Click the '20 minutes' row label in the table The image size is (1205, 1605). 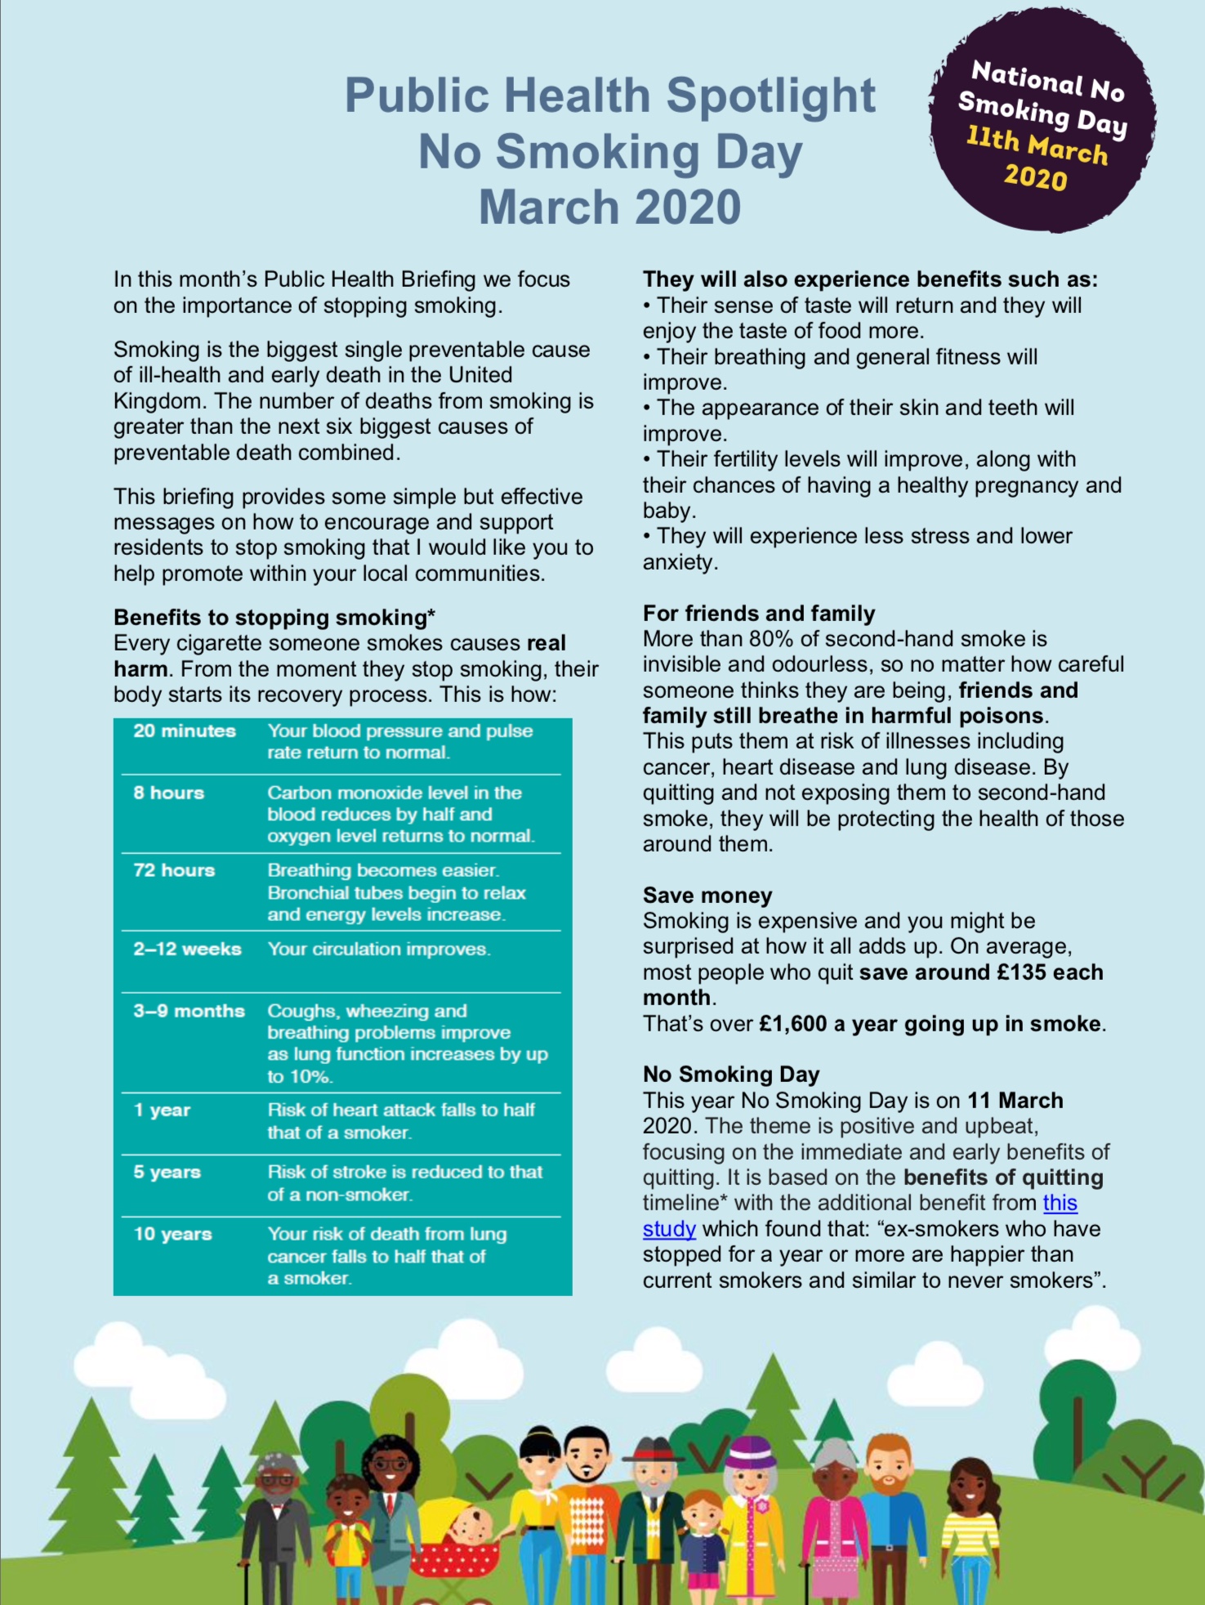(x=185, y=731)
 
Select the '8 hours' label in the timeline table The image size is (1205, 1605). (x=169, y=793)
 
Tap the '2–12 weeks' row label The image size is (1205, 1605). (x=188, y=949)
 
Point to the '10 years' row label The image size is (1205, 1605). (x=173, y=1234)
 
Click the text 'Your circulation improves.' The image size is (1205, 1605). (x=379, y=949)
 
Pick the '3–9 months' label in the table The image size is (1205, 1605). (x=190, y=1011)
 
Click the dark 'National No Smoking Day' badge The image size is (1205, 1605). (x=1042, y=123)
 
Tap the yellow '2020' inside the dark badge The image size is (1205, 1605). (x=1036, y=177)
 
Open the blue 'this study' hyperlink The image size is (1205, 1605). (x=1060, y=1203)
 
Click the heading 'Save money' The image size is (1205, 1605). (x=707, y=896)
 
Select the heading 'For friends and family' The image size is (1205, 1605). (x=759, y=614)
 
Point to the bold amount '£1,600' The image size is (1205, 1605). (x=792, y=1024)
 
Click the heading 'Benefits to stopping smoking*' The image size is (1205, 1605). (x=274, y=618)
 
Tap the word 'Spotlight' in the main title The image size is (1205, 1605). (x=770, y=96)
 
